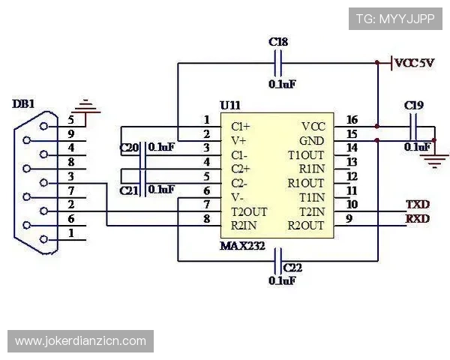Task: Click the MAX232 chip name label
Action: tap(242, 245)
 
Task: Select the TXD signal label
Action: tap(417, 204)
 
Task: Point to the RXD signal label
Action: tap(417, 218)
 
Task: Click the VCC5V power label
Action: tap(414, 63)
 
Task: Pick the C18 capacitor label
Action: tap(277, 42)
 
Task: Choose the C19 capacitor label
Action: tap(413, 106)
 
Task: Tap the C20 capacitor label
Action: tap(129, 148)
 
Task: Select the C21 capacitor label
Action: tap(129, 190)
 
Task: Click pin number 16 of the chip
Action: tap(352, 120)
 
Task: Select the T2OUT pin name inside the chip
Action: tap(249, 211)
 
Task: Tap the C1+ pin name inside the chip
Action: tap(240, 126)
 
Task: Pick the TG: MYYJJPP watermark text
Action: tap(394, 19)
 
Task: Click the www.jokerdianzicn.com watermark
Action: tap(80, 341)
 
